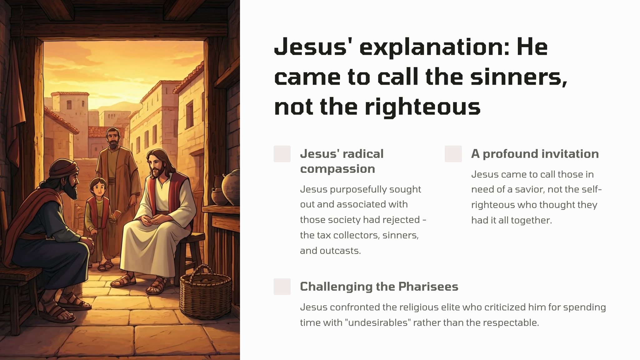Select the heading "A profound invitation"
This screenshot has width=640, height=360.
point(535,154)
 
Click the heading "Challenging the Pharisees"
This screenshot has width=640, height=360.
point(379,287)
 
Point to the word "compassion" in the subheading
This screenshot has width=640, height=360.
point(337,169)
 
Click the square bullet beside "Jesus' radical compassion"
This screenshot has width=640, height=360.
point(282,154)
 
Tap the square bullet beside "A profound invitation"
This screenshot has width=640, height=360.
point(453,154)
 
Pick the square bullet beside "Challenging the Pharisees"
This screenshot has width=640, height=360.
point(282,287)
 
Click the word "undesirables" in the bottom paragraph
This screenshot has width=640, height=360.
point(377,322)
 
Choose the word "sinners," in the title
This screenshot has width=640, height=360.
point(519,78)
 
